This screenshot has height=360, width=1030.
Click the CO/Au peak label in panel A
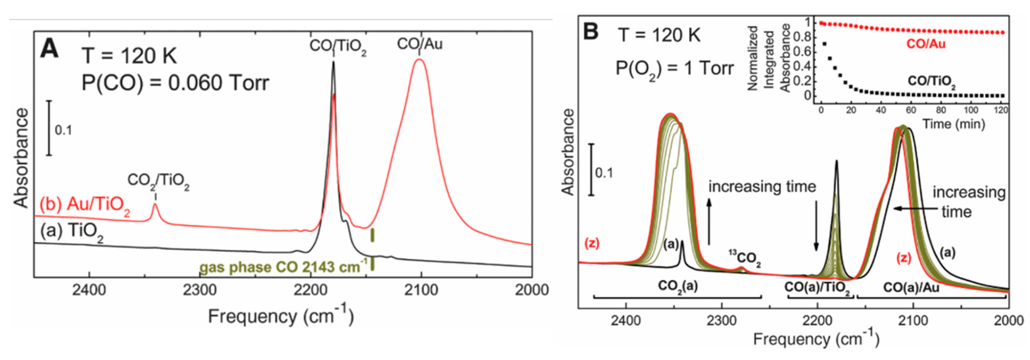point(420,44)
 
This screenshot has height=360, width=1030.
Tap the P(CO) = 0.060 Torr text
point(175,83)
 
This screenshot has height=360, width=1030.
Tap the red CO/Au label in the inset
point(926,44)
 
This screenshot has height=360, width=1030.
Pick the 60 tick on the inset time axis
point(911,110)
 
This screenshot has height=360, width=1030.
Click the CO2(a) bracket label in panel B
point(678,286)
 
